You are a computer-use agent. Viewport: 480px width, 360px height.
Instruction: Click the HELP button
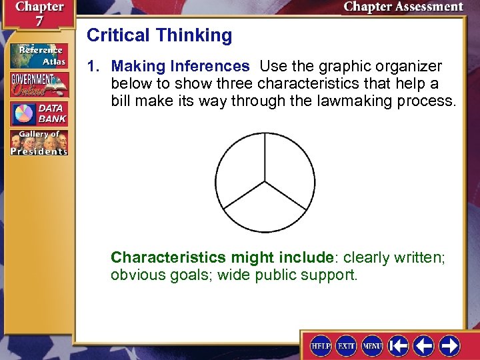pos(321,345)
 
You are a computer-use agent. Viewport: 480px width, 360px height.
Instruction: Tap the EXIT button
pos(346,345)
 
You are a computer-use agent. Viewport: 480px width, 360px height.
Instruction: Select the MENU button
pos(372,345)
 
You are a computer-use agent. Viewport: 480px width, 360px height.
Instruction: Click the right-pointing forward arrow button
pos(449,345)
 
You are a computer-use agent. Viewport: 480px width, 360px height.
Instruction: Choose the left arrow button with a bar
pos(399,345)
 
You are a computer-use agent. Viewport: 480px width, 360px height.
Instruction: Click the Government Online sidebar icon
pos(38,85)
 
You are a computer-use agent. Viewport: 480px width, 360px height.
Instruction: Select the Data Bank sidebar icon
pos(38,113)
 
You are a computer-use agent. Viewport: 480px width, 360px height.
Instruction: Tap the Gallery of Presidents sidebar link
pos(38,143)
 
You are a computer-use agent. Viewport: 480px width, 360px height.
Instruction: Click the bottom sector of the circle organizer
pos(265,210)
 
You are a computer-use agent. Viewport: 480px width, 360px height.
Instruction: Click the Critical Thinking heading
pos(159,35)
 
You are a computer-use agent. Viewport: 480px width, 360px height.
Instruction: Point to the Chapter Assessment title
pos(403,7)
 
